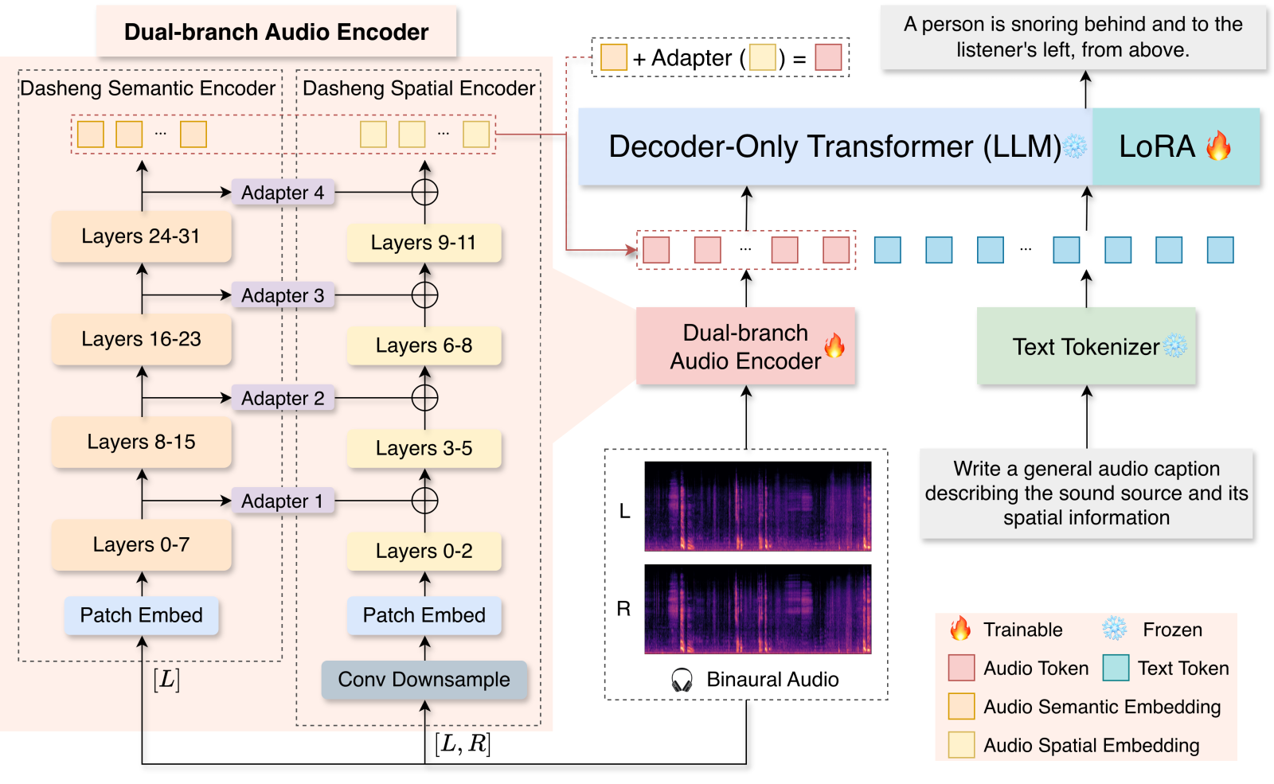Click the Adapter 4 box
283,192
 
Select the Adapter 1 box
283,501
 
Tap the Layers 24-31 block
141,236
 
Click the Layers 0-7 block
141,544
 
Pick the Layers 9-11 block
424,243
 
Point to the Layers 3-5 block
424,448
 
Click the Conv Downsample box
424,680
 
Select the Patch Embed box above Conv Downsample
424,615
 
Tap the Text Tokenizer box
1086,345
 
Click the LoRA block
1175,146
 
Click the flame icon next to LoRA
1218,146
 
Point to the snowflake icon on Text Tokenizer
1174,345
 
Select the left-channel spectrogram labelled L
757,506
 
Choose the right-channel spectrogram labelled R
757,609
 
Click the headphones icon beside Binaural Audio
682,680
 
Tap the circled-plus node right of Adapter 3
425,295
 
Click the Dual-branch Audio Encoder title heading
276,32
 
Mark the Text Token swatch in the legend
1116,668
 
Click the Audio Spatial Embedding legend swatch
962,745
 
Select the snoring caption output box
1073,37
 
